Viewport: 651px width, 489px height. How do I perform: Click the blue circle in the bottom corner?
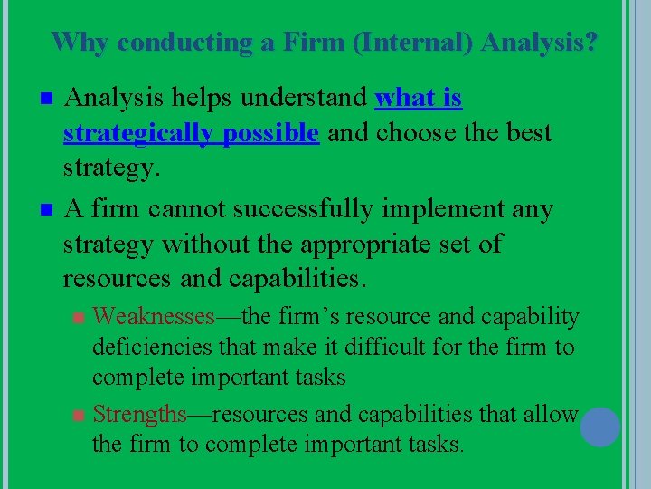click(599, 427)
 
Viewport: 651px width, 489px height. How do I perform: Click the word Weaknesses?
click(154, 317)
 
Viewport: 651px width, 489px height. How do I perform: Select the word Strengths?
click(139, 415)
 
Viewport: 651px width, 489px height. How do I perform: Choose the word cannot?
click(185, 209)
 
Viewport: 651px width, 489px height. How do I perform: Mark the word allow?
click(550, 415)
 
